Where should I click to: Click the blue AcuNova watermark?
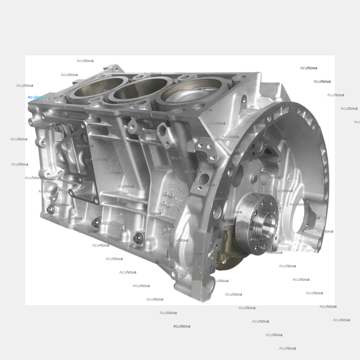coord(36,97)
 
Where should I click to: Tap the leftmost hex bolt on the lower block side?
coord(50,209)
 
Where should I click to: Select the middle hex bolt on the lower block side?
coord(96,222)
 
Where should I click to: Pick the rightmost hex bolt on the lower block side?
coord(138,237)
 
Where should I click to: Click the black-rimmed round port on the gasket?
coord(72,193)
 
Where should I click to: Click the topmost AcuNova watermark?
coord(85,61)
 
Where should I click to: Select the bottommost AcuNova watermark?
coord(287,348)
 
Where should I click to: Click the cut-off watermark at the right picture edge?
coord(356,122)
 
